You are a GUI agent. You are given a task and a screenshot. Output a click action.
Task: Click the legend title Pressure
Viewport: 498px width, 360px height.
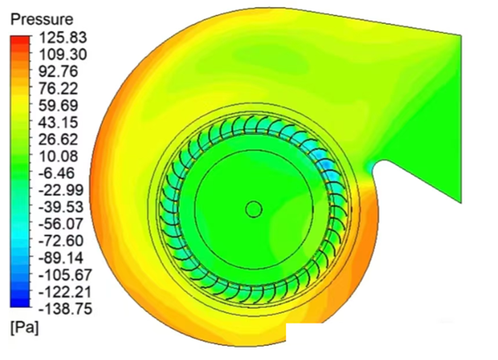coord(42,20)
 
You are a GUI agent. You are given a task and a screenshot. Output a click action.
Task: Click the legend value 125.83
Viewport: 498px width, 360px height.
coord(63,37)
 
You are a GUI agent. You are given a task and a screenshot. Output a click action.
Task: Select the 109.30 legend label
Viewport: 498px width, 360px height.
coord(63,55)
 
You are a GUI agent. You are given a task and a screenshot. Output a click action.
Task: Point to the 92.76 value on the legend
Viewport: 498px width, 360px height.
coord(58,72)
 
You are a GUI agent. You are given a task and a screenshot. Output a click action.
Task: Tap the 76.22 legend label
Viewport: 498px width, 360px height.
coord(58,89)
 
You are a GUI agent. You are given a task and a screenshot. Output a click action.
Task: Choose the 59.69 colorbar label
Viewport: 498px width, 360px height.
coord(58,106)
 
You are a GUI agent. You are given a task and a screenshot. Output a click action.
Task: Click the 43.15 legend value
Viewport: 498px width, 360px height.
coord(58,122)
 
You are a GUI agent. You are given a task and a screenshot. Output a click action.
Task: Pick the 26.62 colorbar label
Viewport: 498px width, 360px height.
coord(58,139)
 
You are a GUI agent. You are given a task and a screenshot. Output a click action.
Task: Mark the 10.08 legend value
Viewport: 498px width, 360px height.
coord(58,156)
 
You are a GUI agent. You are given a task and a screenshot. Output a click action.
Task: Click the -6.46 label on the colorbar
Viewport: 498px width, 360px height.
coord(56,173)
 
